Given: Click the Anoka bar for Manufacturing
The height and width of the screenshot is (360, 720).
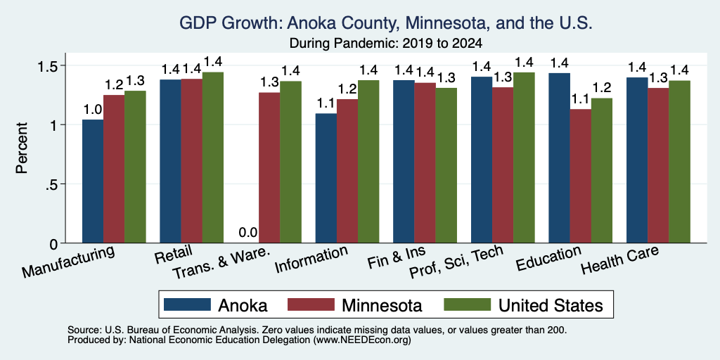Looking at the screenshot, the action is click(93, 181).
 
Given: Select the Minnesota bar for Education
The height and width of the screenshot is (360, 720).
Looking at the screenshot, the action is click(580, 176).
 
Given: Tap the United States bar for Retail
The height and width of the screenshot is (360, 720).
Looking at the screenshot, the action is click(213, 157).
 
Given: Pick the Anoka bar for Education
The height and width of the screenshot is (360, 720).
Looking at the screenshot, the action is click(559, 158).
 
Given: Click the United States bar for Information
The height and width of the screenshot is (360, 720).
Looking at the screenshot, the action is click(368, 162).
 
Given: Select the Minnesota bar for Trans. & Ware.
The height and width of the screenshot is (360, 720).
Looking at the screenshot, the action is click(269, 167).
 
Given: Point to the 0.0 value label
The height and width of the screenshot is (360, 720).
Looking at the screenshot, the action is click(248, 233).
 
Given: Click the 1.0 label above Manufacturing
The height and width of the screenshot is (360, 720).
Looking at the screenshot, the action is click(93, 109).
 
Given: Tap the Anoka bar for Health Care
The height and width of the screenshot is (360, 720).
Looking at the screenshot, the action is click(637, 160).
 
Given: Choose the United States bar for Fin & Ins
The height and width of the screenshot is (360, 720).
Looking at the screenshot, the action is click(446, 165).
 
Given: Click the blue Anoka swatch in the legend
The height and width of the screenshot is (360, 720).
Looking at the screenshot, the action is click(187, 304).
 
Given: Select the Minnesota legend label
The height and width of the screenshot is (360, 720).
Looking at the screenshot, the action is click(382, 305).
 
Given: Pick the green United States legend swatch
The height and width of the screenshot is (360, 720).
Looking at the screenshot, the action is click(467, 304).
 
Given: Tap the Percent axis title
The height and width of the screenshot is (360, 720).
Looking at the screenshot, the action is click(22, 148).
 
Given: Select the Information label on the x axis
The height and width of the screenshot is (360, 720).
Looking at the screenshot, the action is click(311, 259).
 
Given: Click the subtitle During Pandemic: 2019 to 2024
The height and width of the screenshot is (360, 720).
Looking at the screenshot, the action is click(386, 44).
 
